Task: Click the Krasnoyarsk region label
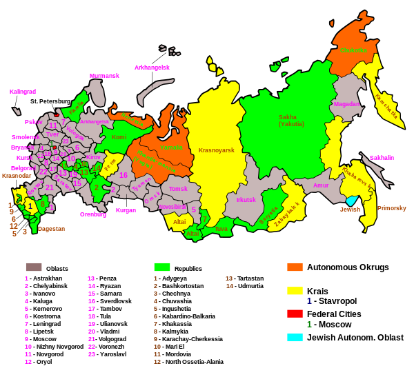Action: tap(216, 150)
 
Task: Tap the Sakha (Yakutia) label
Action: tap(291, 121)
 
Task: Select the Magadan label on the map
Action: tap(346, 104)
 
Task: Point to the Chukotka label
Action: tap(354, 50)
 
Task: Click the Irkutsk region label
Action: tap(246, 200)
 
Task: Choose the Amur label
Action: tap(321, 185)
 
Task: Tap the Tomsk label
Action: tap(178, 189)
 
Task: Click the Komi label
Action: tap(119, 137)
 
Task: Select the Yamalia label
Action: tap(172, 147)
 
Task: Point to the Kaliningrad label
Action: tap(23, 92)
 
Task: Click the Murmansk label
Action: tap(104, 76)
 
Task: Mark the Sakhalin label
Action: tap(382, 158)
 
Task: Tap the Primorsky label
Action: tap(391, 208)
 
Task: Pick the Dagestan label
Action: tap(51, 229)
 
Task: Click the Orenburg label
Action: tap(92, 214)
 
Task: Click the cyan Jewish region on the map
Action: tap(351, 201)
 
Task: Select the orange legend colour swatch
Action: tap(295, 267)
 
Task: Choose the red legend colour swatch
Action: tap(295, 314)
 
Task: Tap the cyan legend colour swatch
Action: tap(295, 337)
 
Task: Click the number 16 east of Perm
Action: tap(123, 175)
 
